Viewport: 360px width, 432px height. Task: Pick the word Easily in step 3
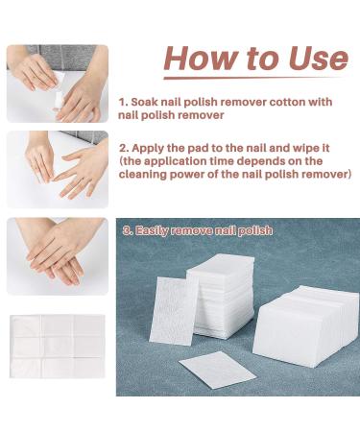(x=157, y=230)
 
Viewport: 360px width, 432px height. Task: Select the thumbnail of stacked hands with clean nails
(x=57, y=255)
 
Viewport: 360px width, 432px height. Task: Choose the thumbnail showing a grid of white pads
(x=57, y=347)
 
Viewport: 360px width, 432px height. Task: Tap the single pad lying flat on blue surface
(x=217, y=368)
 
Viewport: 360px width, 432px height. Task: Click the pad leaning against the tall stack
(x=174, y=308)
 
